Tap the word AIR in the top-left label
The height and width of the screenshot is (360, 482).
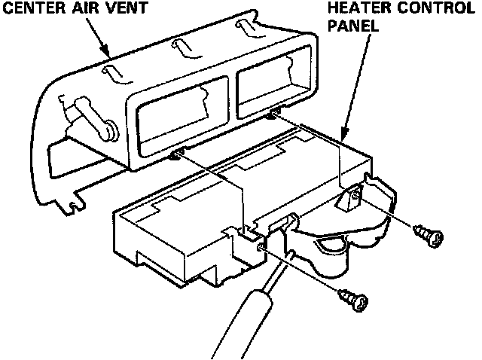tap(94, 9)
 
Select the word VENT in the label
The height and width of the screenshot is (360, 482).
tap(136, 9)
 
